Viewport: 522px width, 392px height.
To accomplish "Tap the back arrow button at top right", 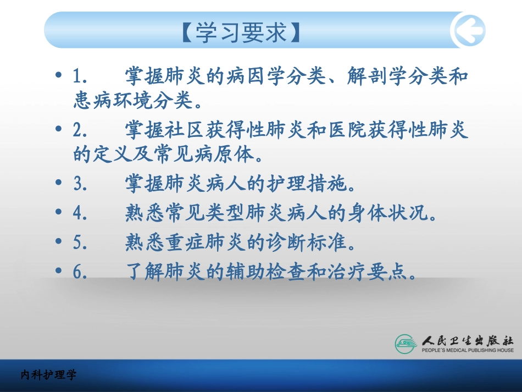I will [468, 30].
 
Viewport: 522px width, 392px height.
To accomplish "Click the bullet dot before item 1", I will [59, 76].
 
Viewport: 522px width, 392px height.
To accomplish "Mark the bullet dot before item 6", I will [59, 272].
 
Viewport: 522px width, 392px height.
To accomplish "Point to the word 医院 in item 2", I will [348, 130].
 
